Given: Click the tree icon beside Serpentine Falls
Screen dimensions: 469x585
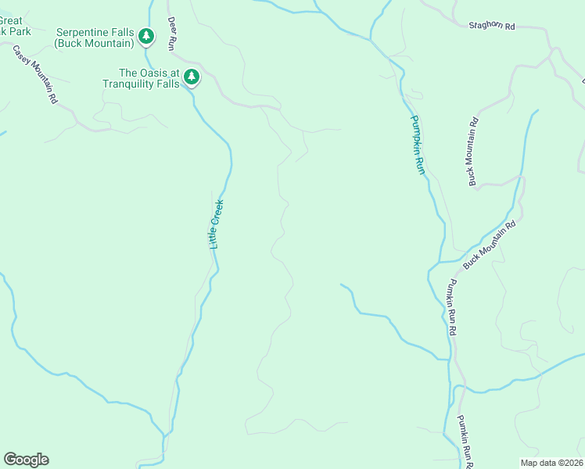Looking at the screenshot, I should click(145, 36).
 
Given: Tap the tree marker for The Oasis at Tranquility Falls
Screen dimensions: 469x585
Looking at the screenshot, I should click(192, 77).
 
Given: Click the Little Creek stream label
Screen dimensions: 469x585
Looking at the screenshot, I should click(217, 224).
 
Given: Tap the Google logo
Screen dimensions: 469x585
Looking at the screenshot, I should click(26, 460).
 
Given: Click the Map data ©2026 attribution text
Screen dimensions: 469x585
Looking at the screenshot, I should click(551, 462).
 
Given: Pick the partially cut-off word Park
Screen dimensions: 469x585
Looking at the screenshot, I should click(20, 31).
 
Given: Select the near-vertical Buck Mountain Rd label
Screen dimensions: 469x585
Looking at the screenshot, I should click(473, 152).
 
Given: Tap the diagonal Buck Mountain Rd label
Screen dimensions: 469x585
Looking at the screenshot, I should click(490, 245).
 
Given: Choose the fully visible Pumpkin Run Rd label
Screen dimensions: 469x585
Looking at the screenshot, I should click(451, 308).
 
